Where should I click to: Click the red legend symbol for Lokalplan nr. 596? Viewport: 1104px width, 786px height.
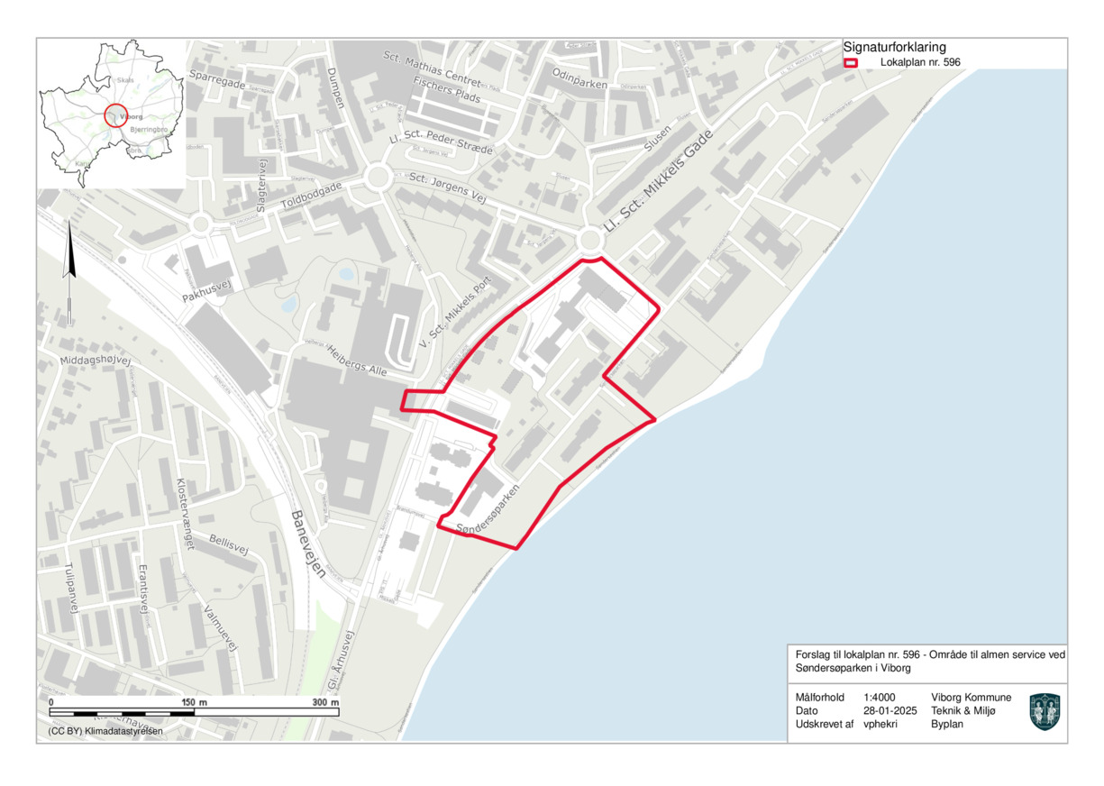pyautogui.click(x=850, y=63)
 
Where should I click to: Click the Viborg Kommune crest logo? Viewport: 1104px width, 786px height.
pyautogui.click(x=1045, y=711)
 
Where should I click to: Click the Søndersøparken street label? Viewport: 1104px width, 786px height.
pyautogui.click(x=488, y=511)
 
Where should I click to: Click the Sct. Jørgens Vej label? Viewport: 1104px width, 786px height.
pyautogui.click(x=447, y=187)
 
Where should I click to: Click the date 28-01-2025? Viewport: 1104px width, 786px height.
pyautogui.click(x=890, y=710)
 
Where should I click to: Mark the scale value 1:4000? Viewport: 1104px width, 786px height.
pyautogui.click(x=879, y=698)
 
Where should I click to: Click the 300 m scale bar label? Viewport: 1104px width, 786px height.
pyautogui.click(x=324, y=702)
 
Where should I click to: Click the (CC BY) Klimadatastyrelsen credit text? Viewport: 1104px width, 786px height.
pyautogui.click(x=105, y=731)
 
